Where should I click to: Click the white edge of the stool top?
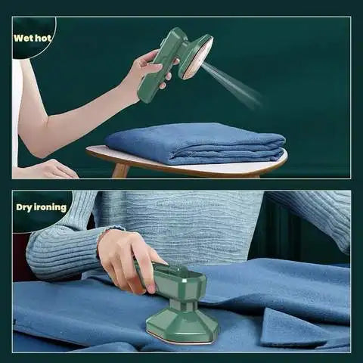tap(189, 168)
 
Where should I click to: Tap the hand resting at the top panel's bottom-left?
tap(49, 169)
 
